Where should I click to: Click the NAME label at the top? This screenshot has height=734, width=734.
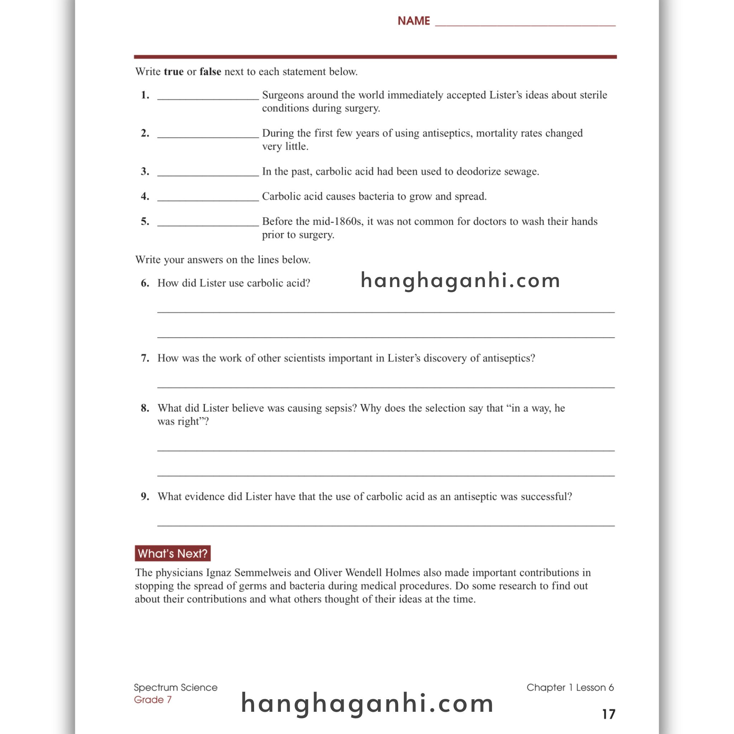pyautogui.click(x=413, y=20)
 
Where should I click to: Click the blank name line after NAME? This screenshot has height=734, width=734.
pyautogui.click(x=525, y=23)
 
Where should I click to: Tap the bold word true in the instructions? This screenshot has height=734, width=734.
pyautogui.click(x=173, y=71)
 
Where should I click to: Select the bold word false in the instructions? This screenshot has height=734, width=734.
pyautogui.click(x=210, y=71)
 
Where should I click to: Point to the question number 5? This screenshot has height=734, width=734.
pyautogui.click(x=145, y=221)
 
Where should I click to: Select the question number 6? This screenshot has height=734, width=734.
pyautogui.click(x=145, y=283)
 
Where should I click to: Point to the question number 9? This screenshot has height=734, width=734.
pyautogui.click(x=145, y=496)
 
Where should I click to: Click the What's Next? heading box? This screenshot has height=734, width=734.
pyautogui.click(x=172, y=553)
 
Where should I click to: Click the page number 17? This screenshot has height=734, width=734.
pyautogui.click(x=608, y=714)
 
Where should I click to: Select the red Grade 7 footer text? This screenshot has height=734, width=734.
pyautogui.click(x=153, y=700)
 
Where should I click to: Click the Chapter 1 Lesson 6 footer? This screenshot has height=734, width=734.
pyautogui.click(x=570, y=687)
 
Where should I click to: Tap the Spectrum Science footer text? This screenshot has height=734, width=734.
pyautogui.click(x=176, y=687)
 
